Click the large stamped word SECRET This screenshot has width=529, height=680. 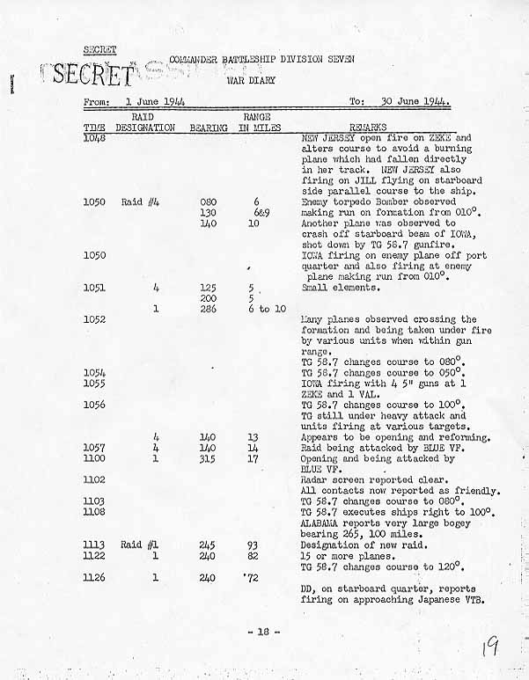87,75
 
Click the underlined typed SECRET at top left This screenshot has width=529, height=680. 99,48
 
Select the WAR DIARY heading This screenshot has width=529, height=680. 251,80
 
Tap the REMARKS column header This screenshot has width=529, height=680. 368,128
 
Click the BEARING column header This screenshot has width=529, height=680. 209,128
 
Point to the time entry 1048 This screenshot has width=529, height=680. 94,138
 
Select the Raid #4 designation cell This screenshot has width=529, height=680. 139,201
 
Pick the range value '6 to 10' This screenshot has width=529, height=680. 268,309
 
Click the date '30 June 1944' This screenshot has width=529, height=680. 415,101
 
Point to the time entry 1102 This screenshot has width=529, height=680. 94,479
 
